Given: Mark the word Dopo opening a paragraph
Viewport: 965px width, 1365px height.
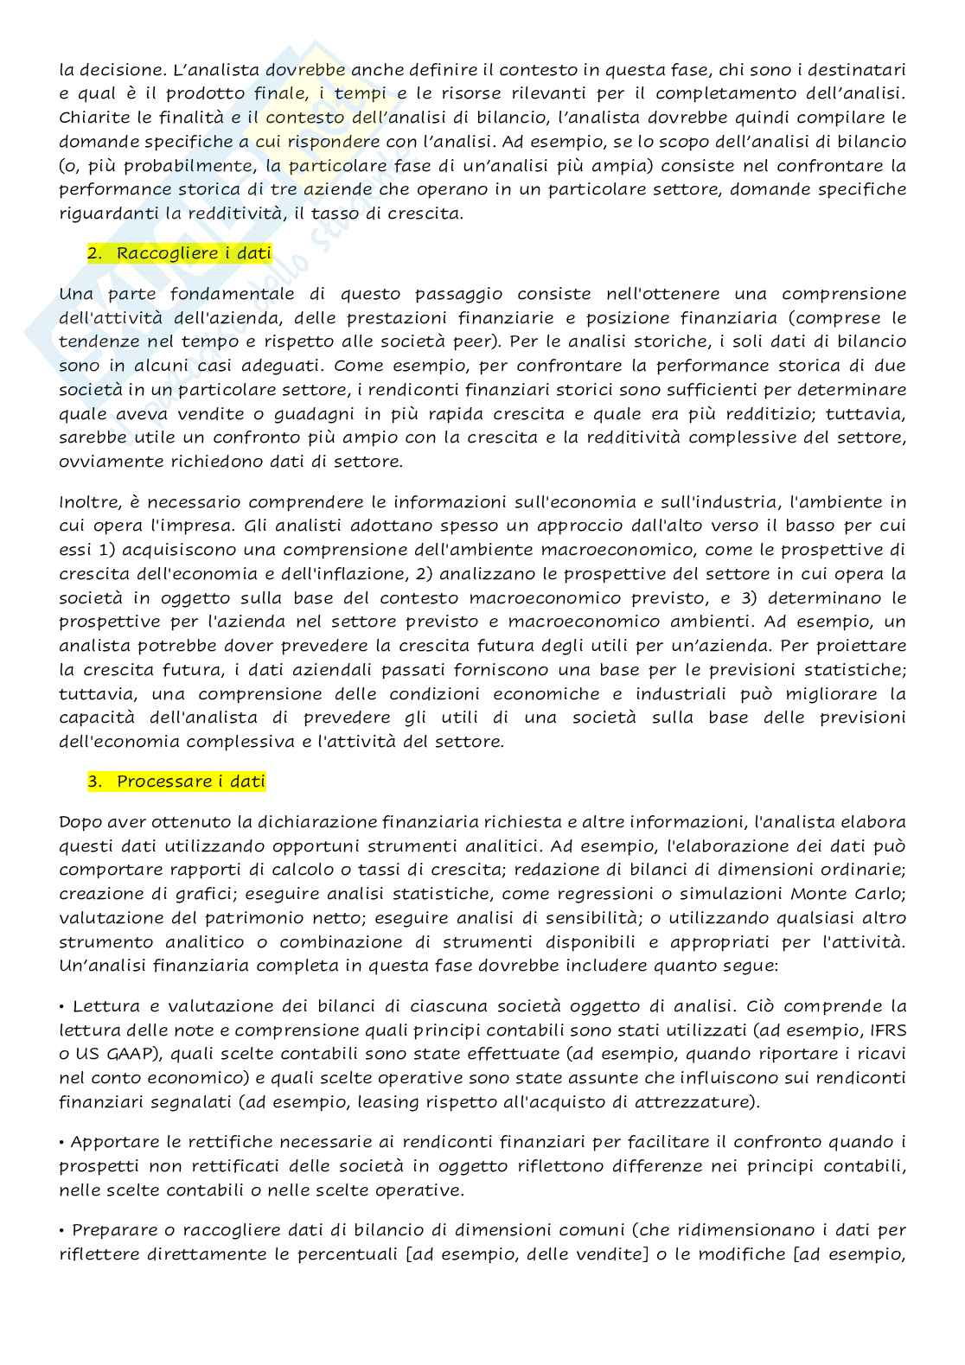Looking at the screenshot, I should point(79,822).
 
